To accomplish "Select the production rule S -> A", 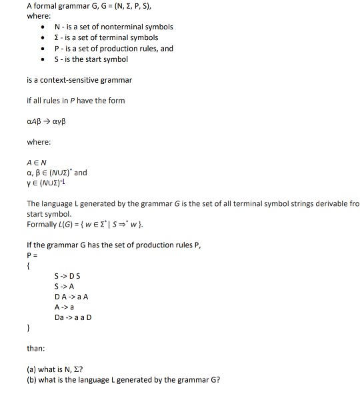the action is (x=65, y=286).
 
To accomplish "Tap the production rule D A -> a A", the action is (x=70, y=297).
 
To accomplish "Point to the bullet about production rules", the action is (x=113, y=48).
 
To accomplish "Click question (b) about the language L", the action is (x=123, y=380).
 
